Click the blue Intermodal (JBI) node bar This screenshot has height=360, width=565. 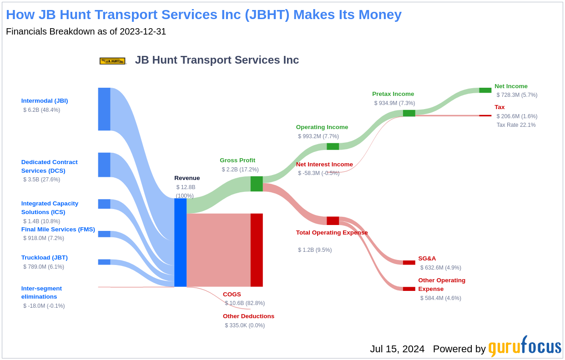pyautogui.click(x=104, y=109)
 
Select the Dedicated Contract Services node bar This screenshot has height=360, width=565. pyautogui.click(x=104, y=165)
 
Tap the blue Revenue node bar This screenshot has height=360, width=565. pyautogui.click(x=180, y=242)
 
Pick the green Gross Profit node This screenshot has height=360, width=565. pyautogui.click(x=257, y=184)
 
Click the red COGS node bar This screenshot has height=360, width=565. pyautogui.click(x=257, y=250)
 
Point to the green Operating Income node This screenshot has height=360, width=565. pyautogui.click(x=333, y=146)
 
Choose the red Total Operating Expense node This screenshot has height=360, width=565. pyautogui.click(x=333, y=221)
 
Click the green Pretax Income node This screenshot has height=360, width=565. pyautogui.click(x=409, y=113)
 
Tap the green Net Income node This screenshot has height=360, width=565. pyautogui.click(x=485, y=90)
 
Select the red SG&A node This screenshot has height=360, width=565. pyautogui.click(x=409, y=263)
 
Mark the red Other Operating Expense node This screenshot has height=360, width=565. pyautogui.click(x=409, y=289)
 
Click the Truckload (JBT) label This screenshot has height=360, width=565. pyautogui.click(x=45, y=258)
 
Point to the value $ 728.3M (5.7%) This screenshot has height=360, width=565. pyautogui.click(x=517, y=95)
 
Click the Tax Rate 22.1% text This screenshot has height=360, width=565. pyautogui.click(x=516, y=125)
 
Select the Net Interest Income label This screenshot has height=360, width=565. pyautogui.click(x=324, y=165)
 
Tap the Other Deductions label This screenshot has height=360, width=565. pyautogui.click(x=248, y=316)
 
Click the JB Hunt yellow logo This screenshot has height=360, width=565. pyautogui.click(x=112, y=60)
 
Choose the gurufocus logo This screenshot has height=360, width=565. pyautogui.click(x=525, y=347)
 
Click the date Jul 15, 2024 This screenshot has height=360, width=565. pyautogui.click(x=397, y=349)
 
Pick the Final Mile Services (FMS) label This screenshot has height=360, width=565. pyautogui.click(x=58, y=230)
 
